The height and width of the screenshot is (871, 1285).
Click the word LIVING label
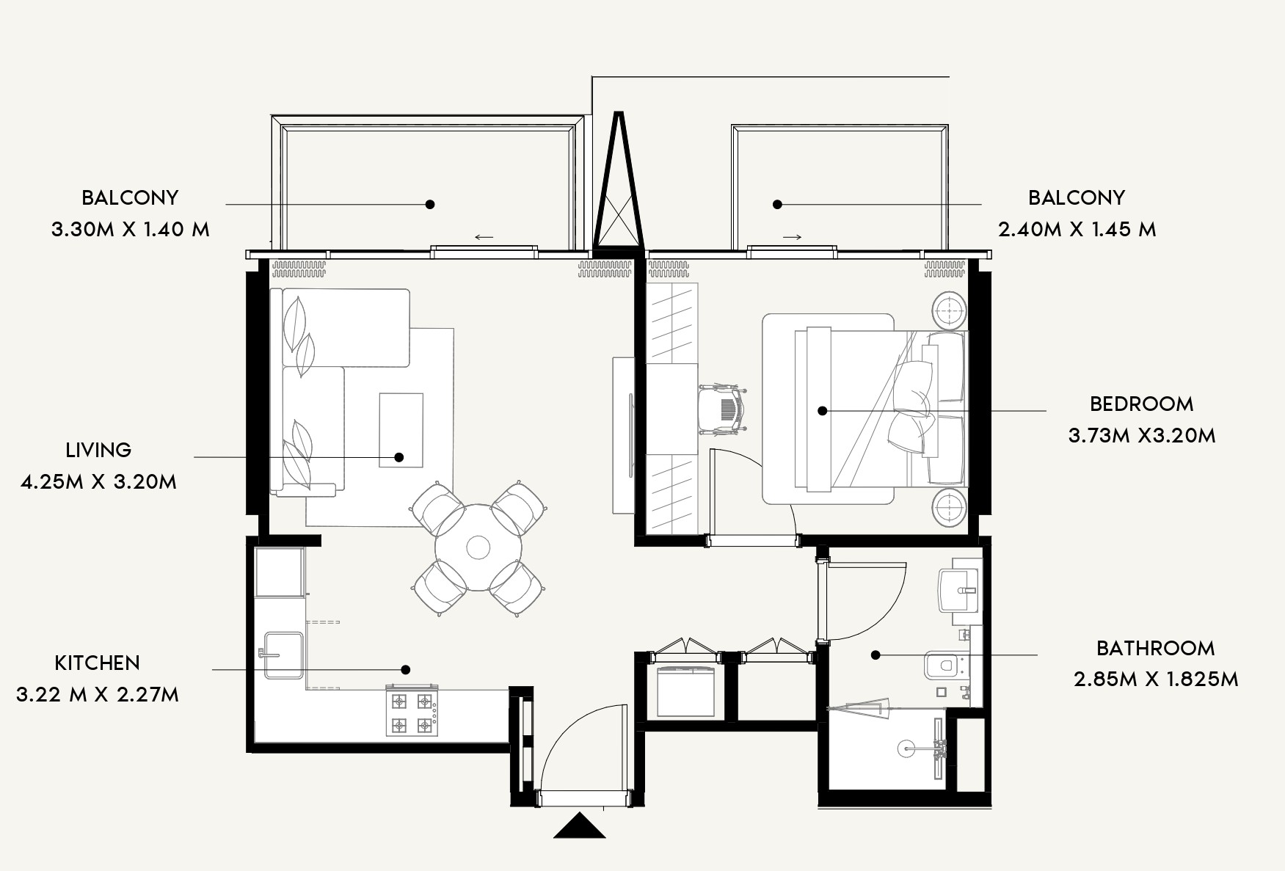(x=98, y=450)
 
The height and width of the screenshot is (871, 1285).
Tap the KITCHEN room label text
(x=97, y=663)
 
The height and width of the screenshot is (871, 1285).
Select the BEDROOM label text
(x=1141, y=404)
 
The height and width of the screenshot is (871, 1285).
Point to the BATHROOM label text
(x=1155, y=648)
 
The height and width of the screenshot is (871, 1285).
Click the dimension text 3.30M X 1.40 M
(x=131, y=230)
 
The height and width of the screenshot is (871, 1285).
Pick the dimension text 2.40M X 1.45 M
(x=1077, y=230)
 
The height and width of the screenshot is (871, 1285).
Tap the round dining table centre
(x=478, y=547)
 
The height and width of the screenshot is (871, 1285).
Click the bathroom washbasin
(x=958, y=585)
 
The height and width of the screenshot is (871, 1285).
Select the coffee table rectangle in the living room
(x=401, y=430)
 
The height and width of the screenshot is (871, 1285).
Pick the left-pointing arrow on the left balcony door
(x=484, y=237)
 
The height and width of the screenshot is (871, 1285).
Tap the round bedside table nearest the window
(x=950, y=311)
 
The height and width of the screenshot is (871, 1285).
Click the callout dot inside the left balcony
(x=430, y=204)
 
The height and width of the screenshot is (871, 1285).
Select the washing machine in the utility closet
(x=686, y=690)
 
